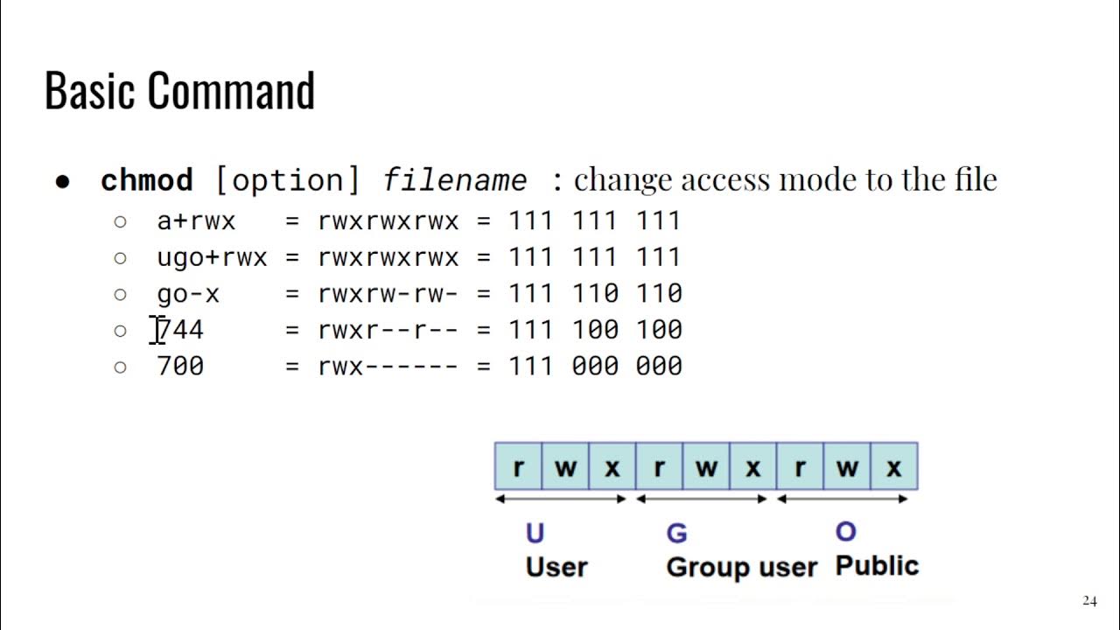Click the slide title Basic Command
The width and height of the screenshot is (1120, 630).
[179, 90]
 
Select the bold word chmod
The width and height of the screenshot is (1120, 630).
[146, 180]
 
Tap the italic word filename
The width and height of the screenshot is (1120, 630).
[455, 180]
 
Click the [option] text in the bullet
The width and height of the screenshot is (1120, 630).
[287, 180]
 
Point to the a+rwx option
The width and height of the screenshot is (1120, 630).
[196, 220]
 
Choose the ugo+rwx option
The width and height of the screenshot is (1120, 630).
[212, 257]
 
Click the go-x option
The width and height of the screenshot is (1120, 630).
[188, 294]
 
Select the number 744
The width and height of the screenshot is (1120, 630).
[180, 330]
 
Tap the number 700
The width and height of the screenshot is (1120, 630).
[180, 366]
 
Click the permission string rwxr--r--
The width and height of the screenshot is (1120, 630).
[388, 330]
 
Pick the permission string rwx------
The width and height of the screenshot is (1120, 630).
[388, 366]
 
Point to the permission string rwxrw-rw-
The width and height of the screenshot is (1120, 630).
[388, 294]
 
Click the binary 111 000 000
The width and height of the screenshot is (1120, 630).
[595, 366]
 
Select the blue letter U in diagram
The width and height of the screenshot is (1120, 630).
[535, 533]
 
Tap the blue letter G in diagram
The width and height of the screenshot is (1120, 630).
[676, 533]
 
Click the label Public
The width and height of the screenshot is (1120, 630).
[877, 565]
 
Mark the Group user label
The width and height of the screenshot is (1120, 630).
[741, 567]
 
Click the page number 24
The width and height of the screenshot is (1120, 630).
[1089, 601]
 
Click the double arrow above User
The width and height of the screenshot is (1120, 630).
[561, 499]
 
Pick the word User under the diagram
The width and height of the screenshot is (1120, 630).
[556, 567]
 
